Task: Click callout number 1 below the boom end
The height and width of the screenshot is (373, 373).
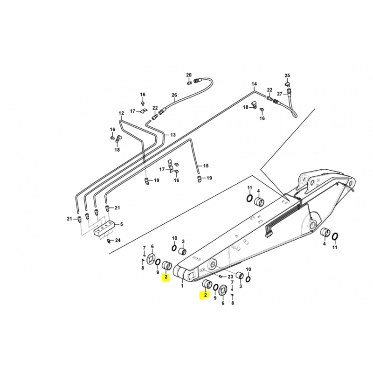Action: click(x=182, y=286)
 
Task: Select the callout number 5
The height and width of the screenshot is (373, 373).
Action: click(x=122, y=224)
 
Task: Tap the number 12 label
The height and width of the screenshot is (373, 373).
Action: click(x=121, y=113)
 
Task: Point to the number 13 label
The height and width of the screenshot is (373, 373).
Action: click(x=173, y=135)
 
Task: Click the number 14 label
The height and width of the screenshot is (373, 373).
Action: click(x=254, y=84)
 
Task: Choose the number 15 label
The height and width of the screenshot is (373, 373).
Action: click(x=206, y=166)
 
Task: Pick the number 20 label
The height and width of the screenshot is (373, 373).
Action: click(x=189, y=75)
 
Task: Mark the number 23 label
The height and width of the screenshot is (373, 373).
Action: click(x=230, y=276)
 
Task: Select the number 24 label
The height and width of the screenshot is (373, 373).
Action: click(x=118, y=240)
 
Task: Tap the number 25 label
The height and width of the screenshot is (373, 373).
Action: click(x=287, y=76)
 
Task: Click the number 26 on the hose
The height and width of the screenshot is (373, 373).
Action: click(x=174, y=95)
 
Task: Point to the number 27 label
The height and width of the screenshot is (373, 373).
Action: click(x=280, y=94)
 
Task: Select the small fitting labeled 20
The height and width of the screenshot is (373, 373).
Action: click(x=189, y=83)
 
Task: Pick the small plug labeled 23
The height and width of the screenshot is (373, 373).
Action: click(x=221, y=276)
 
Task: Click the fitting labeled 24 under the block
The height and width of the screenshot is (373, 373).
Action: click(x=109, y=241)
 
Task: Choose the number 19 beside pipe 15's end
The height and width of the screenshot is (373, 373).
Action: click(x=209, y=178)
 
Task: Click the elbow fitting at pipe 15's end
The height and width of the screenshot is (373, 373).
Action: click(x=200, y=179)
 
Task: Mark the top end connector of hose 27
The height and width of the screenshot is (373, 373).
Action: click(x=290, y=90)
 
